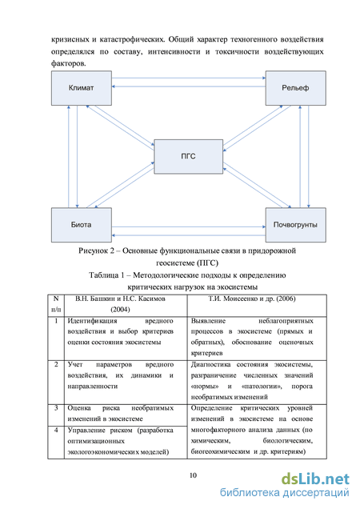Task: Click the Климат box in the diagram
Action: (x=82, y=88)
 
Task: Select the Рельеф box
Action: (x=296, y=88)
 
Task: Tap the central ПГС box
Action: (x=189, y=157)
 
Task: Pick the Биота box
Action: (x=82, y=225)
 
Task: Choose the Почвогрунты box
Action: (x=296, y=225)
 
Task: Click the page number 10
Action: (x=193, y=475)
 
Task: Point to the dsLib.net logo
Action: (x=315, y=479)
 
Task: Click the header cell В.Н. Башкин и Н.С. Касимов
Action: (x=126, y=306)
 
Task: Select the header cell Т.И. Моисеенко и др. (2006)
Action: (x=257, y=306)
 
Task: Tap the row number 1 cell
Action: (x=56, y=339)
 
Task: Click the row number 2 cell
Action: (x=56, y=382)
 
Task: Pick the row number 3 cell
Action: (x=56, y=415)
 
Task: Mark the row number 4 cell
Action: (x=56, y=442)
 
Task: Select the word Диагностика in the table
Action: (x=210, y=365)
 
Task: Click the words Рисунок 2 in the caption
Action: (x=96, y=251)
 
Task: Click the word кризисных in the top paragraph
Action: (x=70, y=39)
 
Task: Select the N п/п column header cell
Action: (x=56, y=306)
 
